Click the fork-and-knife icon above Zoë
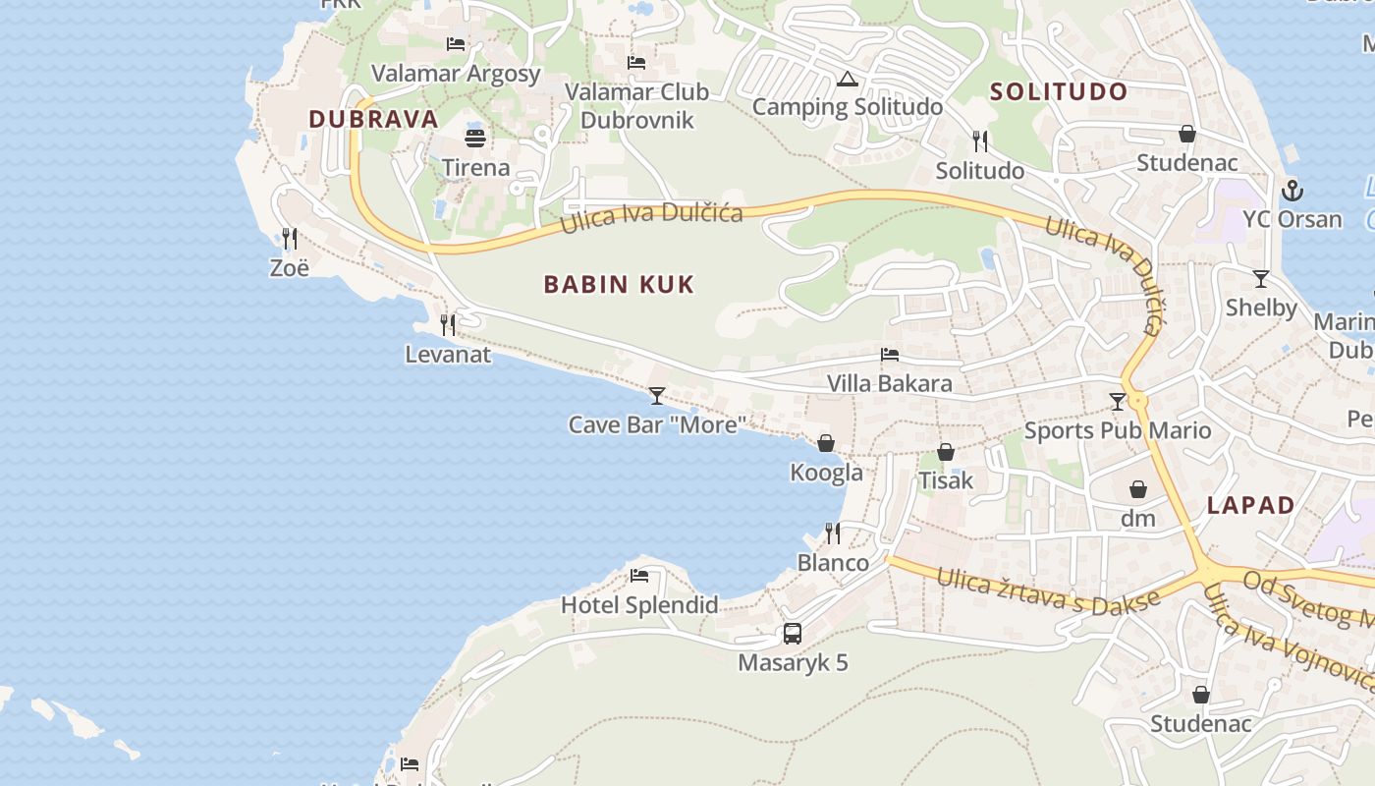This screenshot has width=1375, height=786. tap(290, 239)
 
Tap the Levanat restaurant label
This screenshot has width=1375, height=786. tap(448, 354)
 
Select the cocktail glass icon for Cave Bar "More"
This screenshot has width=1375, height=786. tap(657, 396)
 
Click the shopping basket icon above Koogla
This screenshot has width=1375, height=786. tap(826, 443)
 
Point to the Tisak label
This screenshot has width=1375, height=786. tap(945, 480)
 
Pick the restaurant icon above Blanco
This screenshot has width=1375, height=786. tap(833, 533)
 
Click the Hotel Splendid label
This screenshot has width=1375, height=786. tap(639, 604)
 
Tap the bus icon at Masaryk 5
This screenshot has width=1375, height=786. tap(793, 634)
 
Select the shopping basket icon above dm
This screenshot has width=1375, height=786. tap(1138, 489)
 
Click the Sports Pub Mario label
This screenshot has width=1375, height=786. tap(1118, 430)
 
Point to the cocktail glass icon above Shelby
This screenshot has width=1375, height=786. tap(1261, 279)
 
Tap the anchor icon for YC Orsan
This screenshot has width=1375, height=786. tap(1292, 191)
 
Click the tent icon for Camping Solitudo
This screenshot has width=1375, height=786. tap(848, 79)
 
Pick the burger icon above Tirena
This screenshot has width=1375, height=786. tap(475, 139)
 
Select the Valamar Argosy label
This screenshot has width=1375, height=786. tap(456, 74)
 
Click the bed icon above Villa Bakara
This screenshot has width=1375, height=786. tap(890, 355)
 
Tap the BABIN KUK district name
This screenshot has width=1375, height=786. tap(619, 285)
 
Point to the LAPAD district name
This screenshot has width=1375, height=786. tap(1250, 505)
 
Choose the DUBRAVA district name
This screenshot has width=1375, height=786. tap(373, 119)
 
